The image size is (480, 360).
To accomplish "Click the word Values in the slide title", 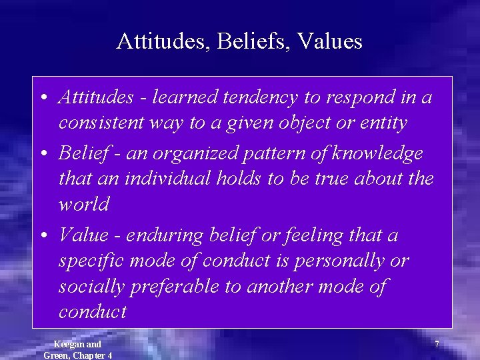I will tap(330, 41).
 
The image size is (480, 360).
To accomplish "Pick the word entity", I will tap(383, 123).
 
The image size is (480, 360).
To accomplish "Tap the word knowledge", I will tap(378, 153).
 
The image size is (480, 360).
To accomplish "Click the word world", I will tap(83, 204).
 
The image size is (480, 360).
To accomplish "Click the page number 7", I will tap(437, 345).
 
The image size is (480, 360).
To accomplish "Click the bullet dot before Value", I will tap(43, 235).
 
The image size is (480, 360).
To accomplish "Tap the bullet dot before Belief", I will tap(43, 154).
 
